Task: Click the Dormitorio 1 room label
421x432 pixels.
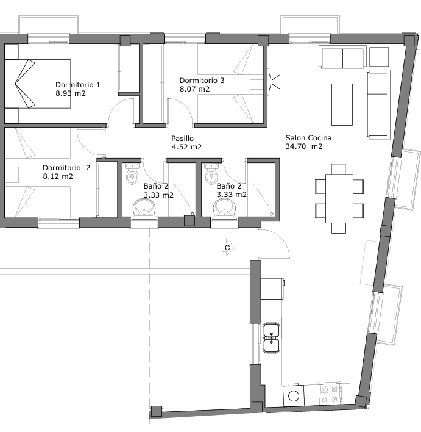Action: click(x=78, y=85)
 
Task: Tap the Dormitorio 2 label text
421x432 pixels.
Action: click(x=66, y=168)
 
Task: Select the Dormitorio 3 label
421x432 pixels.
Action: click(x=202, y=81)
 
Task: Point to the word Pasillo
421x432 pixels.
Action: click(x=182, y=139)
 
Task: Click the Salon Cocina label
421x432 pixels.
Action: click(x=308, y=138)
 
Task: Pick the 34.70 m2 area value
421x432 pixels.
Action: click(x=304, y=146)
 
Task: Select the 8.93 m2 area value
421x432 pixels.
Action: click(x=71, y=93)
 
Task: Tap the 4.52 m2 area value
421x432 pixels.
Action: click(x=186, y=147)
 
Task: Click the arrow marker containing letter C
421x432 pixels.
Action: click(x=228, y=247)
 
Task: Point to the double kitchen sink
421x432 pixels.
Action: click(x=271, y=338)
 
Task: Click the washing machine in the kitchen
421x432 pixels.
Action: click(x=294, y=395)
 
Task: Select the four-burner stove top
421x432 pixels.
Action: click(x=330, y=394)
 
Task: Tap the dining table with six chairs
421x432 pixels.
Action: click(x=339, y=199)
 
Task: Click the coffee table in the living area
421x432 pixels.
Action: click(x=342, y=105)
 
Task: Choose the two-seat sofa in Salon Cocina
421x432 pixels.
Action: click(x=342, y=57)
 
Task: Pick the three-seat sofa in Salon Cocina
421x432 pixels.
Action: click(x=379, y=104)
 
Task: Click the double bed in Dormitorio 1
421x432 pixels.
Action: click(x=37, y=84)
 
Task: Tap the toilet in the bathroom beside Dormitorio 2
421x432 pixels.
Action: click(x=132, y=173)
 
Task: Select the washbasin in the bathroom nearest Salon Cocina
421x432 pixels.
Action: click(x=225, y=207)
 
